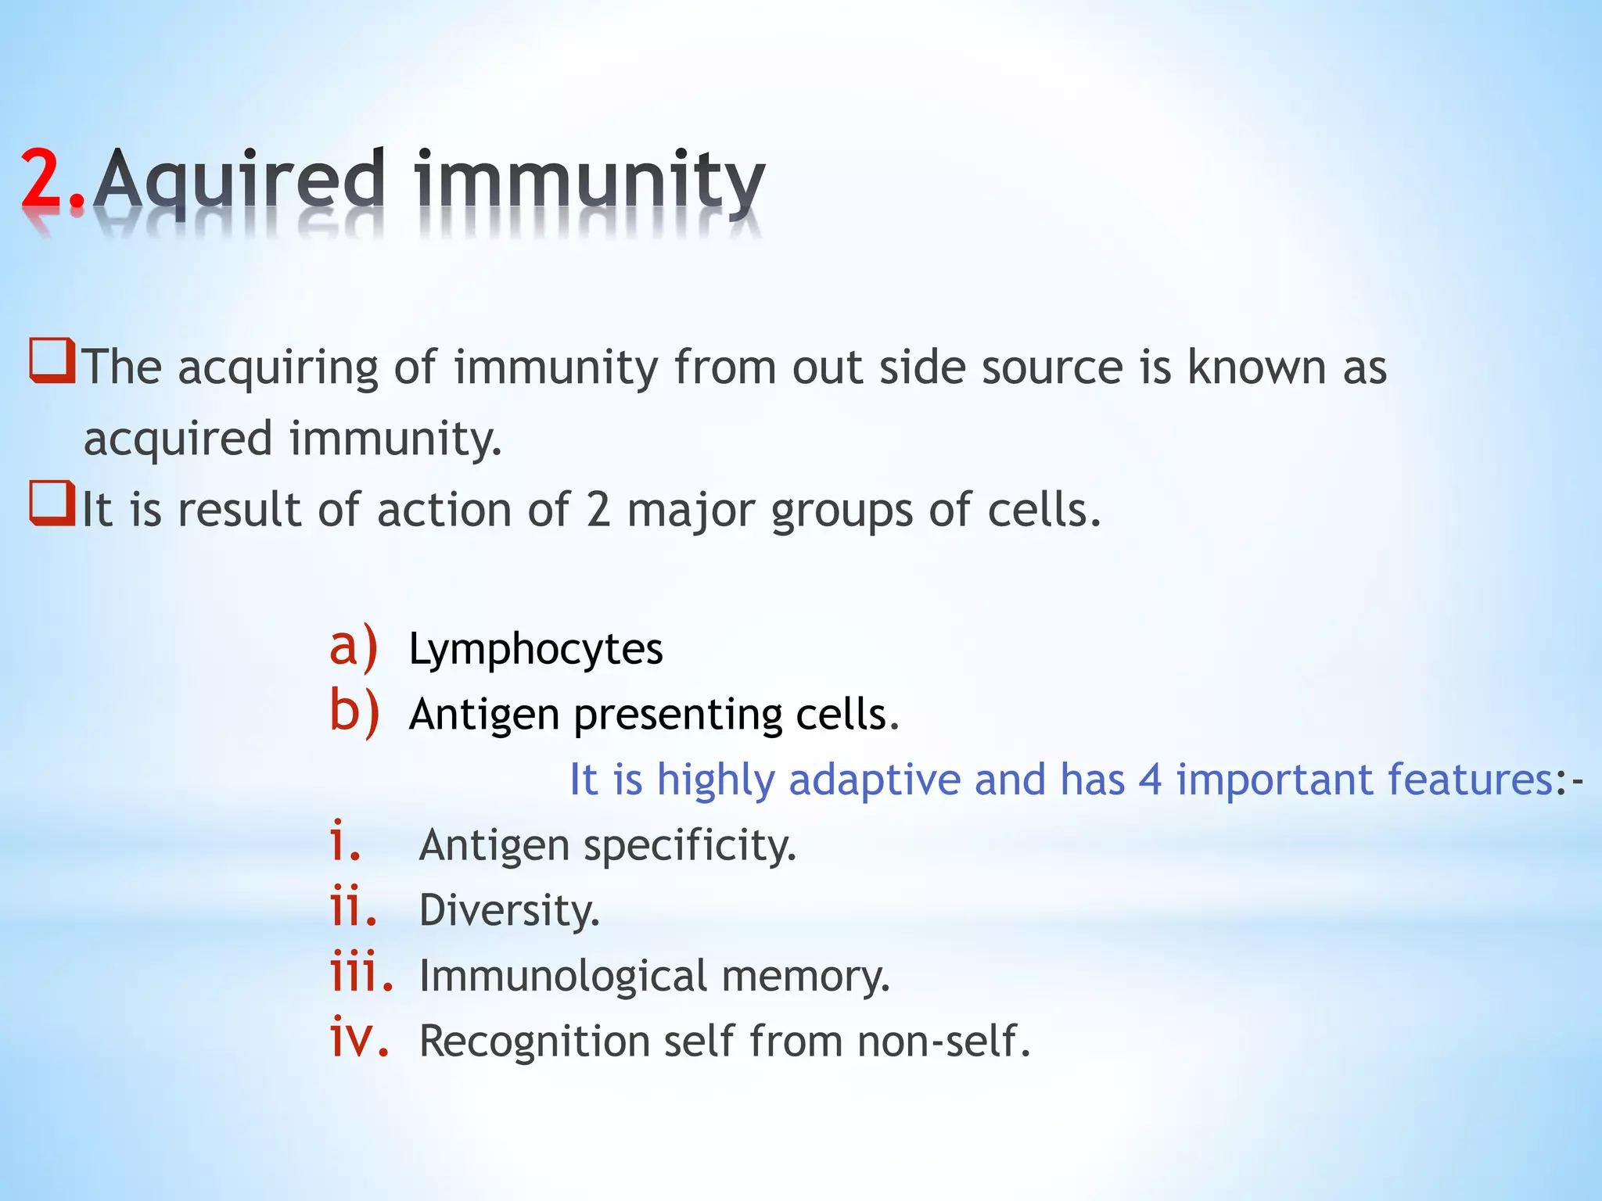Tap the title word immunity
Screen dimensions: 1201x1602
click(x=589, y=181)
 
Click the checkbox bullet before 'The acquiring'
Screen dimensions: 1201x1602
click(x=52, y=360)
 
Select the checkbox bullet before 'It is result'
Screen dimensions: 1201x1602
click(x=52, y=504)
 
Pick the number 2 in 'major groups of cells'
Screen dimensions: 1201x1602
click(x=598, y=510)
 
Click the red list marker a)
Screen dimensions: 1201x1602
click(x=354, y=647)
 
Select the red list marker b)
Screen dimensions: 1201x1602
click(x=354, y=712)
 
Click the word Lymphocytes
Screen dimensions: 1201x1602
click(x=536, y=650)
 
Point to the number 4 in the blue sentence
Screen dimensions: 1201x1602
click(x=1150, y=780)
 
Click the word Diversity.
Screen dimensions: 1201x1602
click(x=509, y=911)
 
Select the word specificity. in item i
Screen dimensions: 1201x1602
click(x=690, y=846)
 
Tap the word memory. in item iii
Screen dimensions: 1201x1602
click(x=806, y=977)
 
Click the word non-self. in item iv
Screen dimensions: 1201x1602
click(x=943, y=1041)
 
